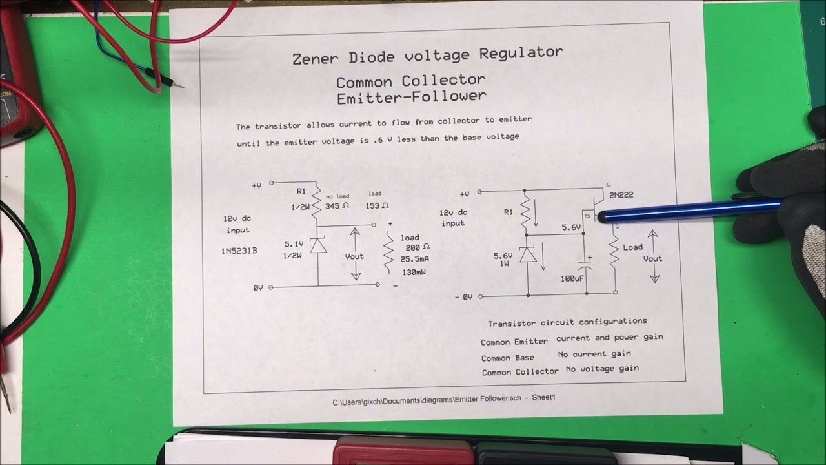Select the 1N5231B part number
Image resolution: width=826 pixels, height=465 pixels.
239,251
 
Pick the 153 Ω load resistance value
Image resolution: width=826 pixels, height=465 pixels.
377,206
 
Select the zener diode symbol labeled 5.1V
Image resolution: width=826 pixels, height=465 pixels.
318,246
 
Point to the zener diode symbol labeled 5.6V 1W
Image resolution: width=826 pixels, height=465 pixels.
528,256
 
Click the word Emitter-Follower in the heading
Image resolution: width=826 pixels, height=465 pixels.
411,98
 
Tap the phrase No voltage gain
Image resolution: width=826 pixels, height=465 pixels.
602,369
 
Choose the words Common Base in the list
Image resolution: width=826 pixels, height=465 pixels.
507,358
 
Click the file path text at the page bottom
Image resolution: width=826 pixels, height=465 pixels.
443,400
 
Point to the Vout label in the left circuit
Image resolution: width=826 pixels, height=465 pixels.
354,256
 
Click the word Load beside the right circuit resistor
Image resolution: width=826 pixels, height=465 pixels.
632,247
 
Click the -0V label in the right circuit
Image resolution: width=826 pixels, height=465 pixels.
463,297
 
